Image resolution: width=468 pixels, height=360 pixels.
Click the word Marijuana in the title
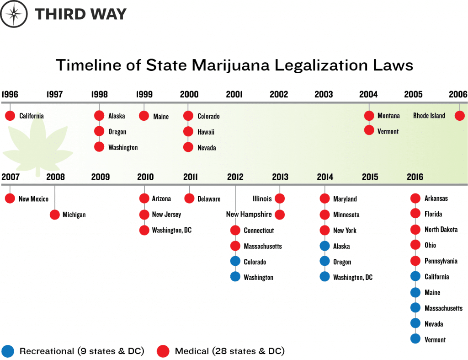(x=229, y=65)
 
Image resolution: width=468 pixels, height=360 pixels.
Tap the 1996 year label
(x=10, y=95)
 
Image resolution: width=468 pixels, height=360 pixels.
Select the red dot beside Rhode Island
(x=460, y=116)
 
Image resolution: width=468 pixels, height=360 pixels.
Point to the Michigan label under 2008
(x=74, y=215)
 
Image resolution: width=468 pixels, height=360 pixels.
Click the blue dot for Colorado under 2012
(x=235, y=262)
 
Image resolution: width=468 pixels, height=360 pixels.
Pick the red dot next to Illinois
(x=280, y=199)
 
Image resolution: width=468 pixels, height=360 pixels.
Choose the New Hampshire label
(x=249, y=215)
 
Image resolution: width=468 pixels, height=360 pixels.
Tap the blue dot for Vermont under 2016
(x=415, y=339)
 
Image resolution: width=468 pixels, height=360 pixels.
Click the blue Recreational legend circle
(x=8, y=351)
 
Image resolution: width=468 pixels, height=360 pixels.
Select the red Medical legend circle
(x=163, y=351)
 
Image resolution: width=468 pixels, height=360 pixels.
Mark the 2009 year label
(x=101, y=177)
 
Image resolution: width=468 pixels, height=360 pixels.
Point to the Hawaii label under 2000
(x=206, y=132)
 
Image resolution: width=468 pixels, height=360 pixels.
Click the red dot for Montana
(x=369, y=116)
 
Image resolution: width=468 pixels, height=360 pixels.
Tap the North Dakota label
(x=441, y=230)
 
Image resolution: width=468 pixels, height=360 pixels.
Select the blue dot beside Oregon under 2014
(x=324, y=262)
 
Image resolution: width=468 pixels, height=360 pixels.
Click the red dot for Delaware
(x=190, y=199)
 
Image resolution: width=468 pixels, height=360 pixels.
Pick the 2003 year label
(x=324, y=95)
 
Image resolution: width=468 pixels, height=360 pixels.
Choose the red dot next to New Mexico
(x=10, y=199)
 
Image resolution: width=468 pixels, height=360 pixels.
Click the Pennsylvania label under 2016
(x=441, y=261)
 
